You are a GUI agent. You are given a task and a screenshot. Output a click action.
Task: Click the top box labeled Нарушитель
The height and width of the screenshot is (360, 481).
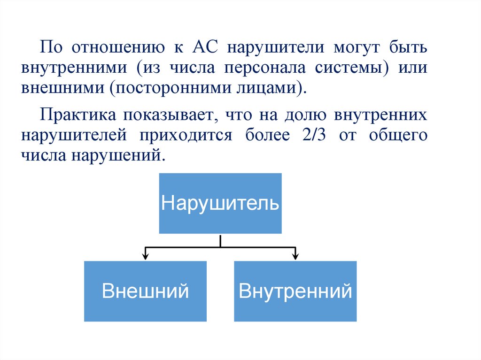220,203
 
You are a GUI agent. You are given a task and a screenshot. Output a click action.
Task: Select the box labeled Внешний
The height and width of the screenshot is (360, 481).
145,291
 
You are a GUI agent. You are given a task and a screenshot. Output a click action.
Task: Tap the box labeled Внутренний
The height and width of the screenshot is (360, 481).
295,291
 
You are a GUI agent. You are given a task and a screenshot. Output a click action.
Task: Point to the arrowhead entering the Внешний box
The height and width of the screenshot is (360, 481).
145,256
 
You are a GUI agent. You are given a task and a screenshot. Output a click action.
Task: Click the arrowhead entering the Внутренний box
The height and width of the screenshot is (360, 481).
295,256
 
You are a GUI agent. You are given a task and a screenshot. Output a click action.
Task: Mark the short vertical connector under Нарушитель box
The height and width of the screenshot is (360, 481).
220,240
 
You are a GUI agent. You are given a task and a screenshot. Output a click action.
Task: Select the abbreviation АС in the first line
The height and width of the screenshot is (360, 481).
203,47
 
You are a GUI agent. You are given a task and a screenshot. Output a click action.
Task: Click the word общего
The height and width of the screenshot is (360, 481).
398,135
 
